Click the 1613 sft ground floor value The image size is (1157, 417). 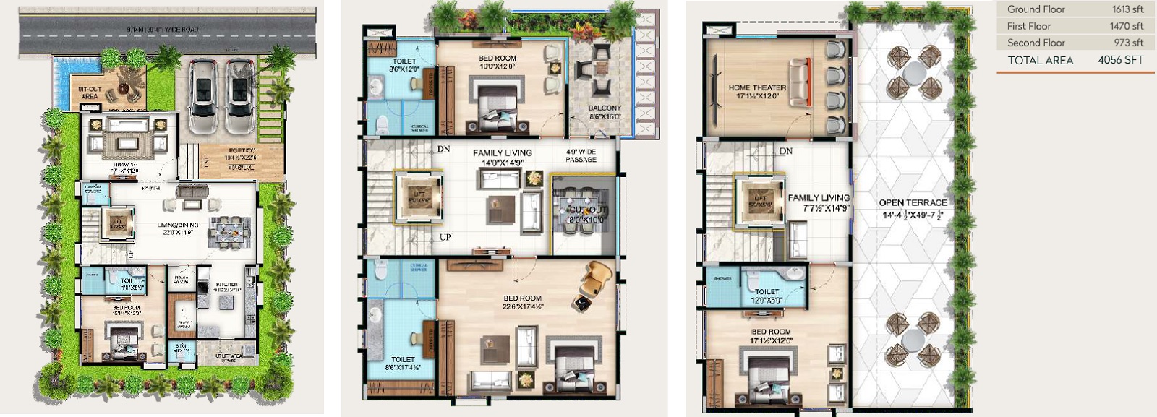pyautogui.click(x=1127, y=9)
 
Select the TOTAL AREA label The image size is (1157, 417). pyautogui.click(x=1041, y=61)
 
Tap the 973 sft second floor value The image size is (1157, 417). pyautogui.click(x=1128, y=43)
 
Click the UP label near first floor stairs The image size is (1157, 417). pyautogui.click(x=445, y=237)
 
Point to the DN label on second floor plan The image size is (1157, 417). pyautogui.click(x=786, y=151)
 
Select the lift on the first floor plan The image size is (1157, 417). pyautogui.click(x=419, y=196)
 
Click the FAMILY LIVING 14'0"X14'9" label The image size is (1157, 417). pyautogui.click(x=502, y=157)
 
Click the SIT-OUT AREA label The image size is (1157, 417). pyautogui.click(x=89, y=93)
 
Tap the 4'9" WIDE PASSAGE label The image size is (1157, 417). pyautogui.click(x=581, y=155)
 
